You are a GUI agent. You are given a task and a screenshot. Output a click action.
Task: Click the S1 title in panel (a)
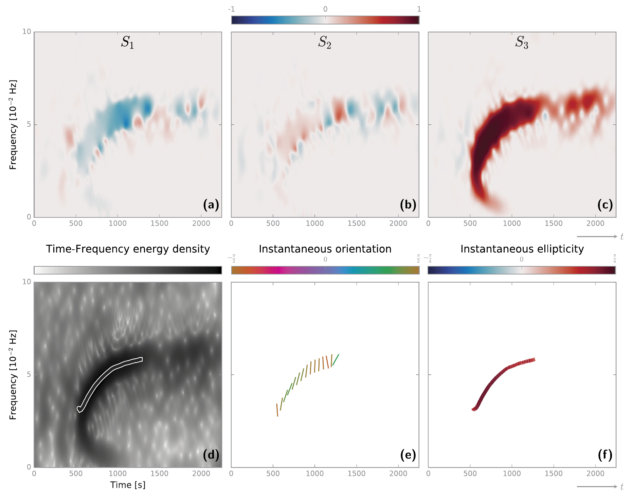[x=127, y=42]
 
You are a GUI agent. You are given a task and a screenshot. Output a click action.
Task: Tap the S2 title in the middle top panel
[x=324, y=42]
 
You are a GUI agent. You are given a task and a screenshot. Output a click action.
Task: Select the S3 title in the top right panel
[x=522, y=42]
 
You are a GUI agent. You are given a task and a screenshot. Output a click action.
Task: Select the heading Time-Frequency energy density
[x=128, y=249]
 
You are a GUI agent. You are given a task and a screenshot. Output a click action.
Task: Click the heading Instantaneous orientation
[x=325, y=249]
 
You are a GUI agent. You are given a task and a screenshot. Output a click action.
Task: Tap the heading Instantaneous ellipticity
[x=522, y=249]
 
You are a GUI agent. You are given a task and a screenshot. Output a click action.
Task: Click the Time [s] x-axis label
[x=128, y=485]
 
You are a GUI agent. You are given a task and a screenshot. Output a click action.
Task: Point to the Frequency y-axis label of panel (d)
[x=13, y=375]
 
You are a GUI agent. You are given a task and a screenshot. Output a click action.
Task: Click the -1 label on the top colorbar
[x=231, y=9]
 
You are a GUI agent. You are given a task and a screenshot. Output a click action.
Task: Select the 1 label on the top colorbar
[x=419, y=9]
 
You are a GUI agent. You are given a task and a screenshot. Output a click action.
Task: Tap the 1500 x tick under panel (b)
[x=356, y=224]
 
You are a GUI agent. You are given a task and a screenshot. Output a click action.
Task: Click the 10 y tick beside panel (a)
[x=26, y=32]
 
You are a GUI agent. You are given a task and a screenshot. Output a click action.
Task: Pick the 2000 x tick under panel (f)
[x=595, y=474]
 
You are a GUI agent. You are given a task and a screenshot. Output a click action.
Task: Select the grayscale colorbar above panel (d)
[x=128, y=270]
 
